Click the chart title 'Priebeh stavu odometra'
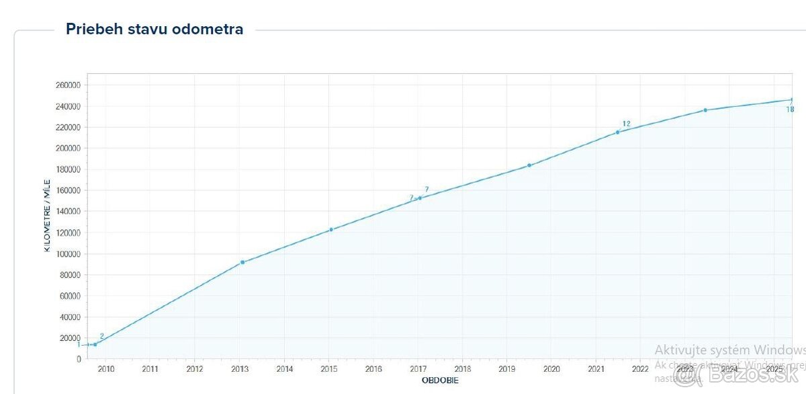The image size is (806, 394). pyautogui.click(x=154, y=29)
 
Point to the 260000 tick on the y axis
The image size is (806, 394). pyautogui.click(x=69, y=85)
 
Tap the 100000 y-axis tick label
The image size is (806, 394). pyautogui.click(x=69, y=254)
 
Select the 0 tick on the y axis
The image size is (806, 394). pyautogui.click(x=79, y=359)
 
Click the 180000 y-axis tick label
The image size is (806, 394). pyautogui.click(x=69, y=169)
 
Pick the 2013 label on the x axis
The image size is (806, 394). pyautogui.click(x=240, y=369)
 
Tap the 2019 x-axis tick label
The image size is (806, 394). pyautogui.click(x=506, y=369)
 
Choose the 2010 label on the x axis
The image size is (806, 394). pyautogui.click(x=106, y=369)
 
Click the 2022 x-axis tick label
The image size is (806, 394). pyautogui.click(x=640, y=369)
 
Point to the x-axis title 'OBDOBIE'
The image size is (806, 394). pyautogui.click(x=440, y=381)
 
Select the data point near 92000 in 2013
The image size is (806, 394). pyautogui.click(x=242, y=262)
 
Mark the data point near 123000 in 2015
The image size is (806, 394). pyautogui.click(x=331, y=230)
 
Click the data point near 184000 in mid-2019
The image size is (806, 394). pyautogui.click(x=529, y=165)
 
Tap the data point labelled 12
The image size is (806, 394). pyautogui.click(x=618, y=132)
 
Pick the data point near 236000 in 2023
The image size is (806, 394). pyautogui.click(x=705, y=110)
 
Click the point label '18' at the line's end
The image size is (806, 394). pyautogui.click(x=791, y=110)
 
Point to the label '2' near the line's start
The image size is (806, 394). pyautogui.click(x=101, y=336)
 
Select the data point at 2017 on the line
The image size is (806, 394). pyautogui.click(x=420, y=198)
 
